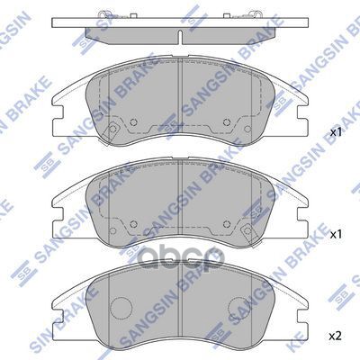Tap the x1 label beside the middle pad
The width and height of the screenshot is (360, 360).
tap(336, 234)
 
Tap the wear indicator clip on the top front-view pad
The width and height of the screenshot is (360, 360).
tap(114, 132)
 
